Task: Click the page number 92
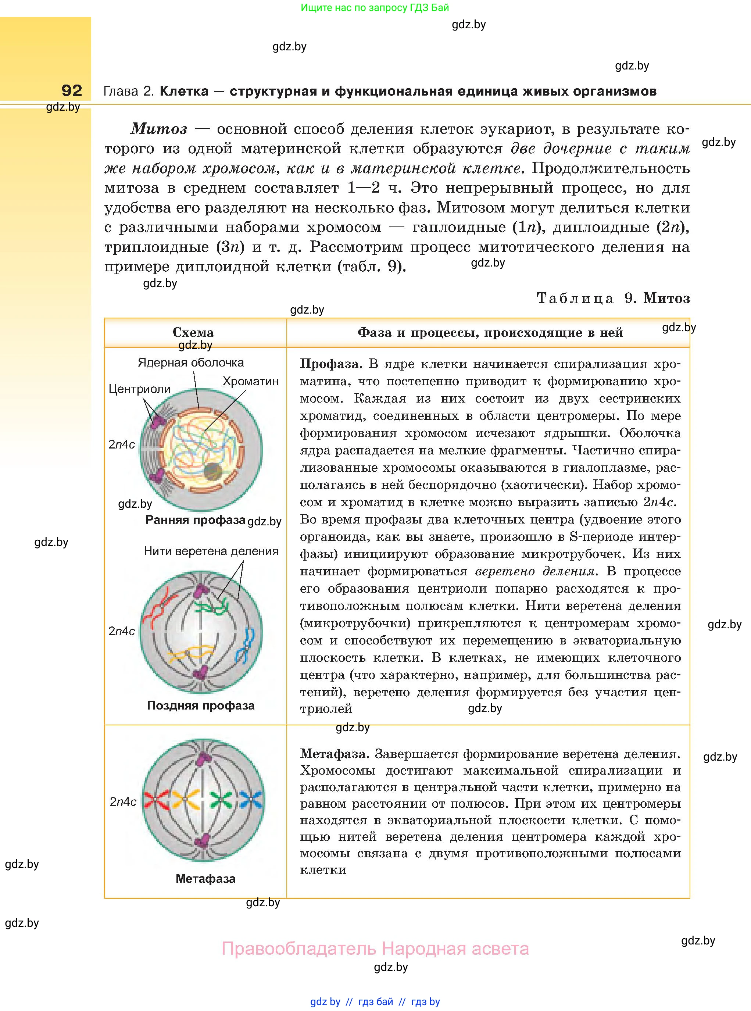(72, 90)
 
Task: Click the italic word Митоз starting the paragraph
(159, 129)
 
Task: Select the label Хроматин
(250, 381)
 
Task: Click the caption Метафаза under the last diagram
(205, 878)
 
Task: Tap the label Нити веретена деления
(211, 551)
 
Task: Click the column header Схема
(193, 332)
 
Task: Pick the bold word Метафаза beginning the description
(333, 754)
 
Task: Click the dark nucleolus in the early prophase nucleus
(212, 472)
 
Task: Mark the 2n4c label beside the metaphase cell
(123, 801)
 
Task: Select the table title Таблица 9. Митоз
(613, 298)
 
